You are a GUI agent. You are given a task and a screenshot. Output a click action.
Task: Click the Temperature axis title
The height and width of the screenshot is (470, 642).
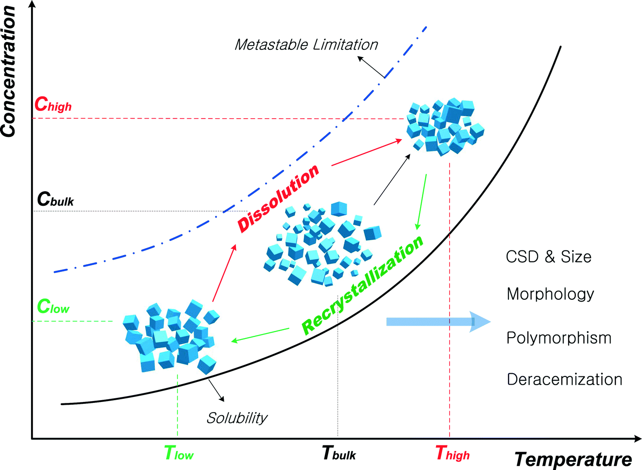click(x=573, y=459)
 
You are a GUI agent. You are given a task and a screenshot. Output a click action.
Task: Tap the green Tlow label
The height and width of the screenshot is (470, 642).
click(x=179, y=453)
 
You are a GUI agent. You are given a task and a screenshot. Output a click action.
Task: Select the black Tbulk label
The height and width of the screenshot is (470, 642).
click(x=339, y=453)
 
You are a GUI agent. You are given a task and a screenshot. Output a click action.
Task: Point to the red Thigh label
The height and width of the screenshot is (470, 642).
click(x=452, y=453)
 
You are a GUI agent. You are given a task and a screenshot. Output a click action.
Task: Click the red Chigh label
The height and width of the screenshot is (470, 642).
click(x=53, y=105)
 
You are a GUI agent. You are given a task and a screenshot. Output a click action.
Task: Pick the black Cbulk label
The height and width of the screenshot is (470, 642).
click(x=55, y=199)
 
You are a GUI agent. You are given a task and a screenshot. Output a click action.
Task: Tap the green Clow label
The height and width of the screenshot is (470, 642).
click(x=53, y=306)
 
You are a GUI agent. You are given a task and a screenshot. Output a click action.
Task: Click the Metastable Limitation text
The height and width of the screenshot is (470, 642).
click(x=306, y=45)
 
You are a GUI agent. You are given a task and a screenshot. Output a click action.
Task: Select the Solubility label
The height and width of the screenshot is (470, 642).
click(x=237, y=418)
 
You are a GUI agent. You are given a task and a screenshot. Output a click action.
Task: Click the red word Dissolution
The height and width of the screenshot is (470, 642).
click(x=278, y=198)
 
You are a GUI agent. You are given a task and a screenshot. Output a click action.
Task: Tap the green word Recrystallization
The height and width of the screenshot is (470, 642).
click(x=363, y=285)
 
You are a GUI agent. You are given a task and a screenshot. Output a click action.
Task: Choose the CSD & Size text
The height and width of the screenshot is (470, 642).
click(x=549, y=257)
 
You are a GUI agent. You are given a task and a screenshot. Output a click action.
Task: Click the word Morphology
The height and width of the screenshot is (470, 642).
click(x=550, y=294)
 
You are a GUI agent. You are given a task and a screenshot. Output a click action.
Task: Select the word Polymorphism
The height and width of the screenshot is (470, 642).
click(x=559, y=338)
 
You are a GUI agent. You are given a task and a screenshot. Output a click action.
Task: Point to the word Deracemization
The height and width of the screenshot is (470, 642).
click(x=565, y=380)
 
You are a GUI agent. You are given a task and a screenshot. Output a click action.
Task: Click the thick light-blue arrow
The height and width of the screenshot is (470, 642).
click(x=437, y=322)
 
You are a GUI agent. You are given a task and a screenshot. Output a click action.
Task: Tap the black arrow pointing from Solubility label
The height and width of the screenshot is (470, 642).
click(x=216, y=391)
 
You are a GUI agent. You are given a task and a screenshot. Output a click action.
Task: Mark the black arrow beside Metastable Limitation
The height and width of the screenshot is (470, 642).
click(x=371, y=67)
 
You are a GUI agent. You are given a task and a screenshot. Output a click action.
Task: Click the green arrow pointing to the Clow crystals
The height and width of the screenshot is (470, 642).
click(x=260, y=334)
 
